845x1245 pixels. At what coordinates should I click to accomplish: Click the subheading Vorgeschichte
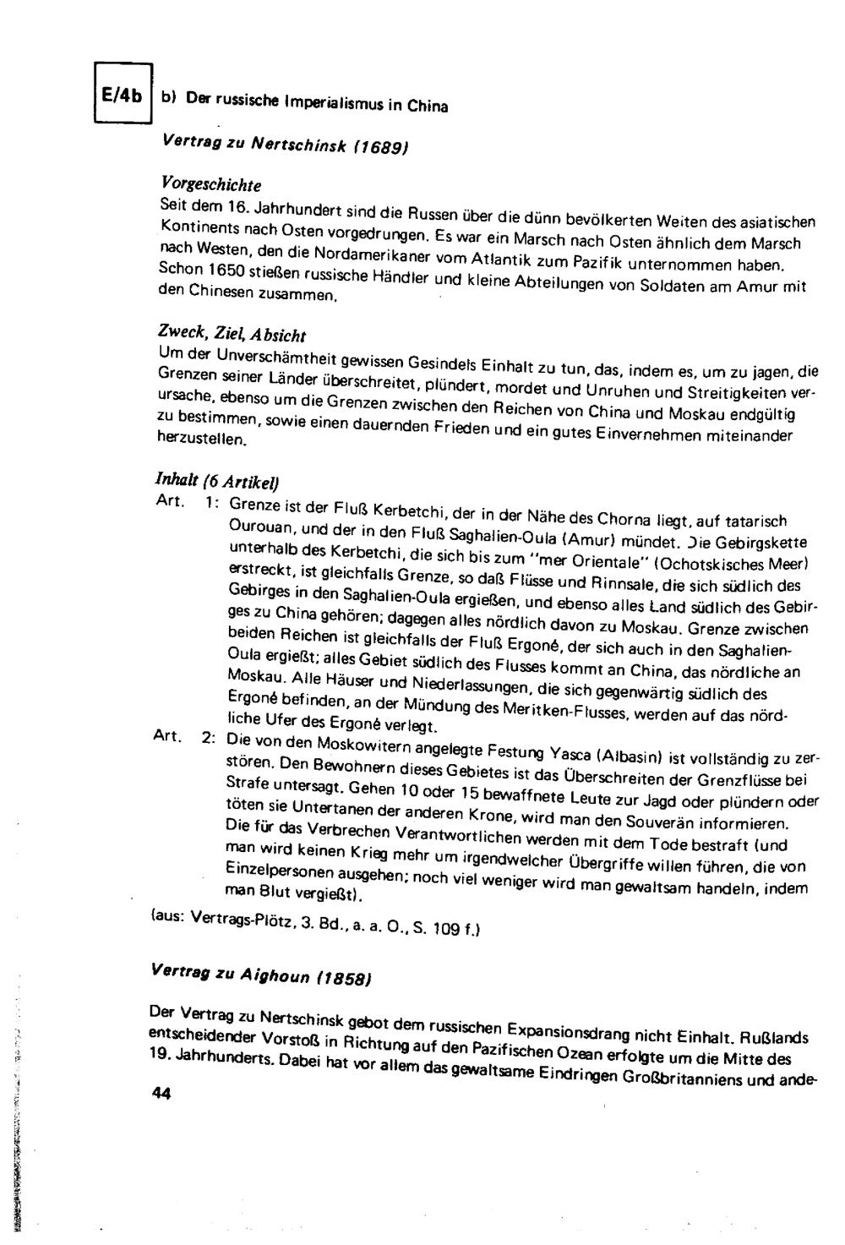pos(210,183)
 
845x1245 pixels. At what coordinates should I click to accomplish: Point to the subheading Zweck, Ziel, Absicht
pos(232,332)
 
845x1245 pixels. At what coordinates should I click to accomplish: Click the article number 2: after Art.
pos(208,737)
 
